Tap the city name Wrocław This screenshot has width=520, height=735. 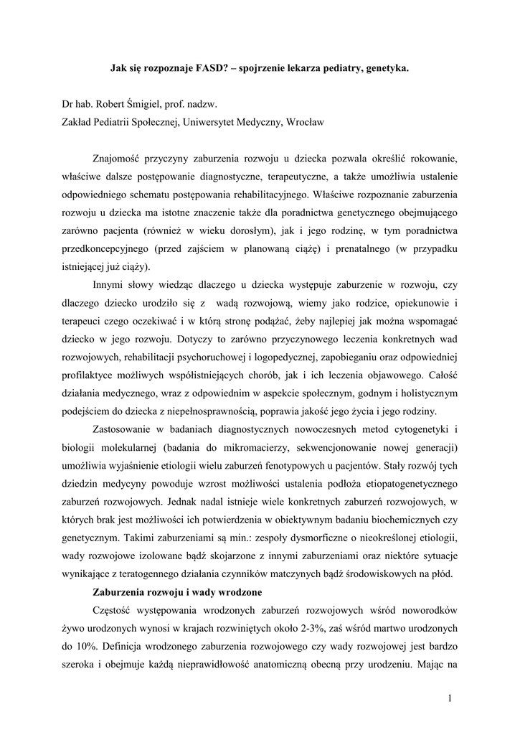[305, 122]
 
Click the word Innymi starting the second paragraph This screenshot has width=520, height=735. [110, 285]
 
